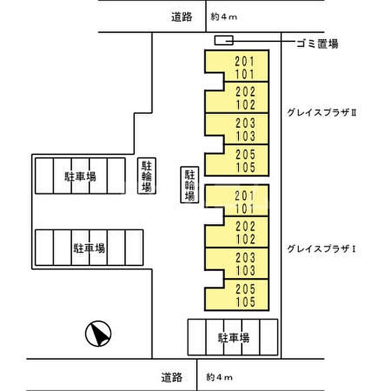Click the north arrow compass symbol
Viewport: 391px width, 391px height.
click(98, 333)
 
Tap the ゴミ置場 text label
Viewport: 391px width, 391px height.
click(317, 44)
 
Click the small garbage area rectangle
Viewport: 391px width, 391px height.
click(223, 40)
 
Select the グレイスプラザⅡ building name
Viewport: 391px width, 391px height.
click(322, 113)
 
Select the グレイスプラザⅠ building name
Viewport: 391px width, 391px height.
click(321, 249)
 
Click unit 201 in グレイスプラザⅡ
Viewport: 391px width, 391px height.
click(245, 61)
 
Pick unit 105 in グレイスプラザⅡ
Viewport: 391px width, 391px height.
click(245, 168)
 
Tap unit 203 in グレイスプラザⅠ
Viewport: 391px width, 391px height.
click(245, 258)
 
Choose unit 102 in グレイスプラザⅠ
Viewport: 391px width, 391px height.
click(245, 239)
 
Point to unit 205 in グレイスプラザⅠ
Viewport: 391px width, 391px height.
click(245, 289)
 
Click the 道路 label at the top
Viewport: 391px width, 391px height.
click(182, 17)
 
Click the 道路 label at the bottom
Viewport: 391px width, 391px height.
click(171, 377)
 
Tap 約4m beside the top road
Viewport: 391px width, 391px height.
click(223, 17)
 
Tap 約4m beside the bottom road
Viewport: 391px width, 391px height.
click(220, 377)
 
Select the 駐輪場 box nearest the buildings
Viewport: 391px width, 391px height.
click(189, 184)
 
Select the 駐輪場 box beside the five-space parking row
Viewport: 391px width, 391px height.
click(146, 176)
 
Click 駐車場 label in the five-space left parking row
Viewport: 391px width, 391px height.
click(80, 177)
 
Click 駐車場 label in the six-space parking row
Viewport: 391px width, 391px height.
click(89, 249)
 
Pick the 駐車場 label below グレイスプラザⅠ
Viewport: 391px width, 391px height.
click(233, 338)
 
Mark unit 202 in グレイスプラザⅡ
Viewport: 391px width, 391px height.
click(245, 92)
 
